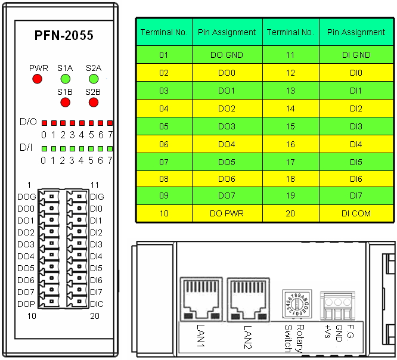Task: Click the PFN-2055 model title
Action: point(63,36)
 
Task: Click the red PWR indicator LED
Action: point(38,79)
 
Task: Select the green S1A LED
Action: point(65,79)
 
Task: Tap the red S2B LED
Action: point(93,103)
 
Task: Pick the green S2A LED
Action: point(93,79)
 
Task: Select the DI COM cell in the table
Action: point(356,213)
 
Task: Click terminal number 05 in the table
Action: point(165,126)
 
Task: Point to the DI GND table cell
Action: point(356,55)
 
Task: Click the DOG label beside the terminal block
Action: point(26,197)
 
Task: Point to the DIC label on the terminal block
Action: point(97,304)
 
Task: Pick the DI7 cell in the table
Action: point(356,195)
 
